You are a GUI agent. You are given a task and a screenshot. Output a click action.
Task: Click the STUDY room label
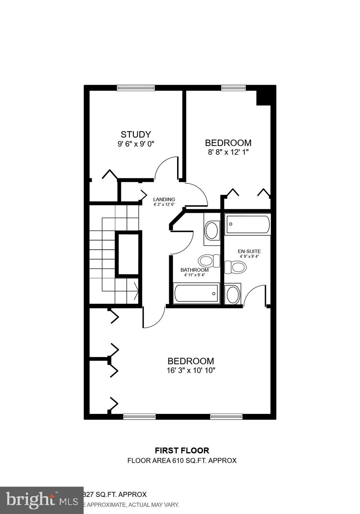(136, 135)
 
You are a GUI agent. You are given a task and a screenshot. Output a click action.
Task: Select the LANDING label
(164, 199)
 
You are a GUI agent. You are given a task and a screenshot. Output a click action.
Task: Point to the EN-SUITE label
(249, 251)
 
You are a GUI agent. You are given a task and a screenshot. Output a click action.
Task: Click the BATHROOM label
(194, 270)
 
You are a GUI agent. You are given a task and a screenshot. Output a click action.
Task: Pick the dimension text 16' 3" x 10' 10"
(191, 370)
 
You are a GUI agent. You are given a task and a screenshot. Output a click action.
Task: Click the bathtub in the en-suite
(248, 225)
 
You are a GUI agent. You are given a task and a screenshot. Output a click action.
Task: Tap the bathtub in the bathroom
(197, 293)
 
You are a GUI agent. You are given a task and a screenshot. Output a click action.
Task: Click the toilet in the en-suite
(236, 267)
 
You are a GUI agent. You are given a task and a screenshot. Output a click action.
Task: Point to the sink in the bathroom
(211, 230)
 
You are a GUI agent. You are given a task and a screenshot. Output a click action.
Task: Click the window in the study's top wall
(136, 88)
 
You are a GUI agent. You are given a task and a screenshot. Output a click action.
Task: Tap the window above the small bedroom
(233, 88)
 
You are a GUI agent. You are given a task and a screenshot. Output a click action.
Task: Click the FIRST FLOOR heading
(182, 450)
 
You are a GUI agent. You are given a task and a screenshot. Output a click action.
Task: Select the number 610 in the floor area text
(178, 460)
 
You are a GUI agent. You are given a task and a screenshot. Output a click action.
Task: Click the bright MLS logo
(42, 500)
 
